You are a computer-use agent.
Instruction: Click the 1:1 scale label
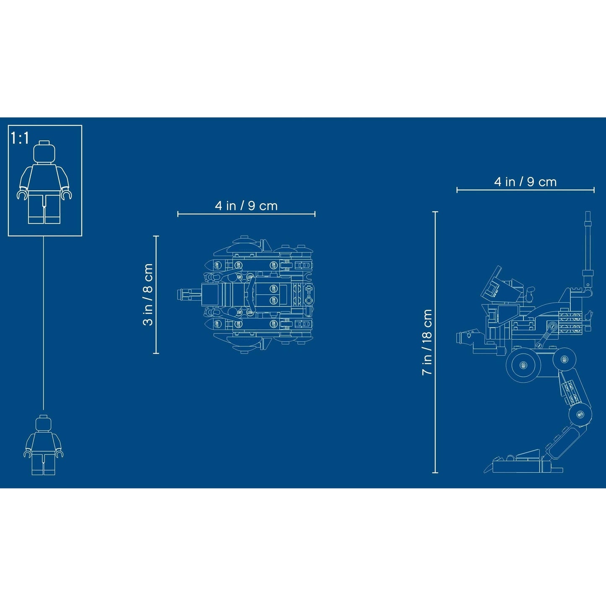(20, 138)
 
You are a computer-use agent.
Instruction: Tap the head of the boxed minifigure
(44, 152)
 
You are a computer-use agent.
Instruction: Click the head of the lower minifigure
(43, 423)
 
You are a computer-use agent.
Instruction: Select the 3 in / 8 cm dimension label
(148, 294)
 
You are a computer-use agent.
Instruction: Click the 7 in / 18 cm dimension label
(427, 342)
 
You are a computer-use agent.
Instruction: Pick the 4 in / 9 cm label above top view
(246, 205)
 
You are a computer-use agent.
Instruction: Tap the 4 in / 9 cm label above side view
(525, 182)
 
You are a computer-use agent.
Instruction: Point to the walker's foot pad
(523, 465)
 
